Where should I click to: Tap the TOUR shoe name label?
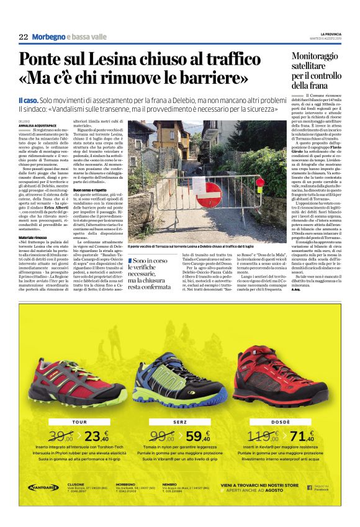coord(79,422)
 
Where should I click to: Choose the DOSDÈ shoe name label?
coord(277,422)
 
